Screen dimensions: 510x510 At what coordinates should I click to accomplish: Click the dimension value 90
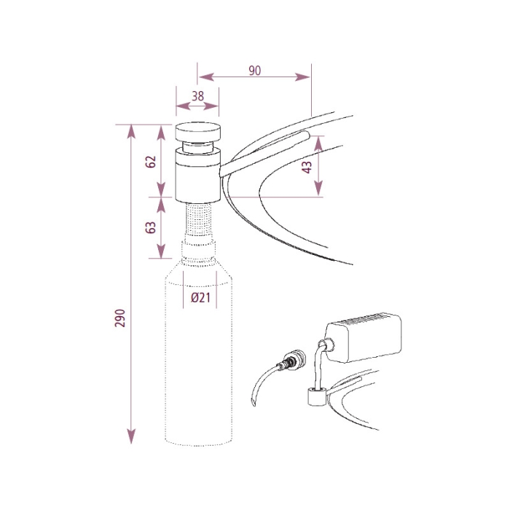coord(254,71)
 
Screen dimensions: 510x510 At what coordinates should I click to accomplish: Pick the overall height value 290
coord(120,318)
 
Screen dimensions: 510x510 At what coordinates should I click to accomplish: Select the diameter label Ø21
coord(201,298)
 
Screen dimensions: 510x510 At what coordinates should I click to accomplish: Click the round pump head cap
coord(197,133)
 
